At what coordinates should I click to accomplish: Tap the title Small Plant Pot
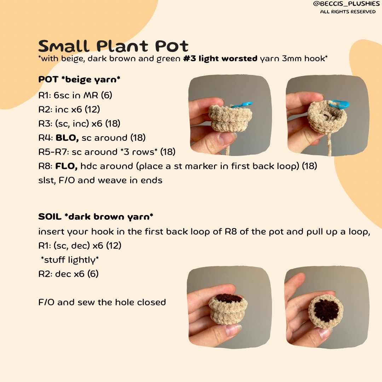pos(113,46)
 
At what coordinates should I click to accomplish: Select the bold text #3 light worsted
pos(220,59)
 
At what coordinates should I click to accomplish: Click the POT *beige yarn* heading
pos(79,80)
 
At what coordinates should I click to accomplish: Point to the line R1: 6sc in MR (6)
pos(75,95)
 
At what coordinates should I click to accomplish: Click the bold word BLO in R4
pos(67,138)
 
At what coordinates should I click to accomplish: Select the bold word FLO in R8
pos(66,166)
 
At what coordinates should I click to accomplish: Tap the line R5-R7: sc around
pos(107,152)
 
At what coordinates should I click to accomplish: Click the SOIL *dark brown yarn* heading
pos(96,216)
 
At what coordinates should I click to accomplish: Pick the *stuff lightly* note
pos(70,260)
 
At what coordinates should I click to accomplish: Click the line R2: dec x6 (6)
pos(68,274)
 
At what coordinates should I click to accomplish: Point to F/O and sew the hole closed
pos(102,302)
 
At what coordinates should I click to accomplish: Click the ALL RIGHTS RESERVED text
pos(348,12)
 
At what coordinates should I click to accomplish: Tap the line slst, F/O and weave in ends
pos(100,180)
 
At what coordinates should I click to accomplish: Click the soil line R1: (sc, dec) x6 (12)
pos(80,245)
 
